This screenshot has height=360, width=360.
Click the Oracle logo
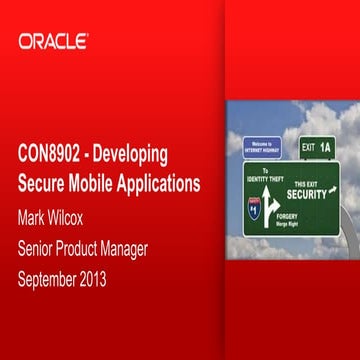click(53, 41)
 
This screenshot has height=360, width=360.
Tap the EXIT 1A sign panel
click(315, 146)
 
